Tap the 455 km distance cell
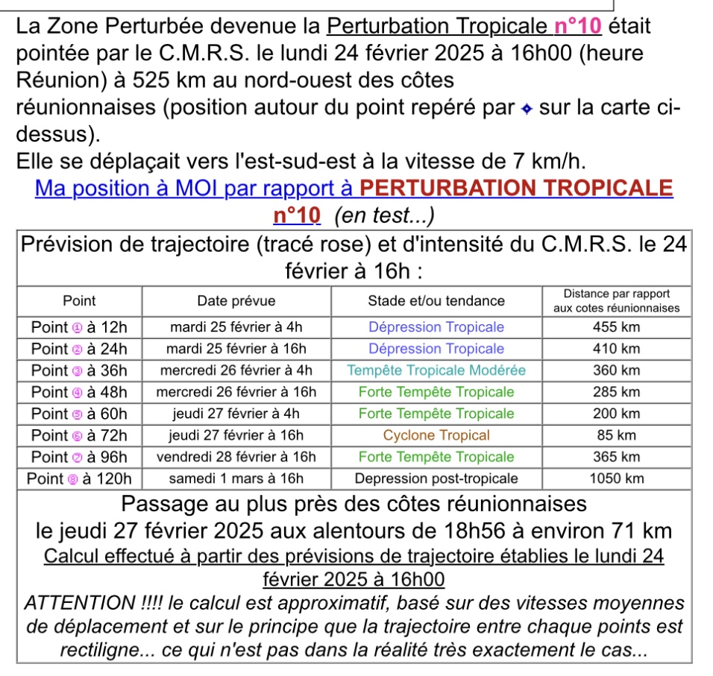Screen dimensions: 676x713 (615, 327)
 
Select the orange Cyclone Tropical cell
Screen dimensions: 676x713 (436, 435)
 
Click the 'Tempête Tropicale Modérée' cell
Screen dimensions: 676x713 (436, 370)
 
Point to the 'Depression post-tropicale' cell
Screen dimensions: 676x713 (436, 478)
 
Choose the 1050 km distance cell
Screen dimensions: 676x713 (615, 478)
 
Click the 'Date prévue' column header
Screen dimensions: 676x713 (236, 301)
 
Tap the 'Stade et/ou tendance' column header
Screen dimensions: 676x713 (436, 301)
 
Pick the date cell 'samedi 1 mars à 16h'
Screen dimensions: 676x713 (236, 478)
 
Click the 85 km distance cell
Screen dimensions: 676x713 (615, 435)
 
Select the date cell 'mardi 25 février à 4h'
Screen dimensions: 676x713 (236, 327)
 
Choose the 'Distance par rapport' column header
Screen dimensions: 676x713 (616, 294)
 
